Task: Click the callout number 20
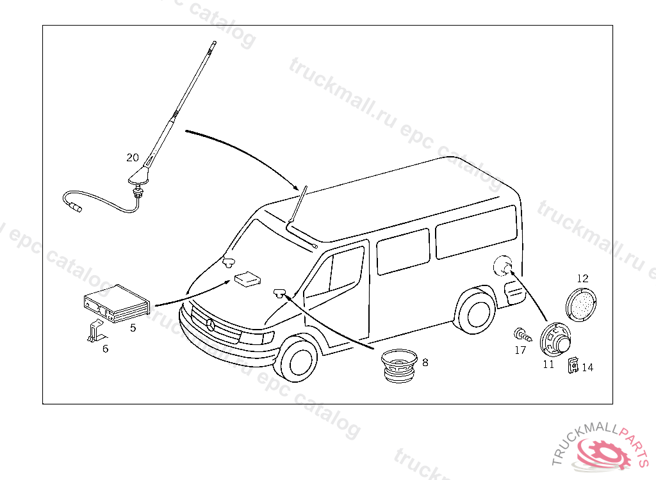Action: tap(133, 157)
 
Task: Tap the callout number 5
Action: tap(133, 328)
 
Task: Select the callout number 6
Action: tap(106, 349)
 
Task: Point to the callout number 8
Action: tap(425, 362)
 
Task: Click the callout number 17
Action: tap(520, 350)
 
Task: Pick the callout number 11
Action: tap(548, 365)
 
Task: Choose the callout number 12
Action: tap(582, 278)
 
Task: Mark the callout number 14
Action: tap(587, 367)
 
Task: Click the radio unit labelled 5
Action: tap(115, 303)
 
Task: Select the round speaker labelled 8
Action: tap(398, 367)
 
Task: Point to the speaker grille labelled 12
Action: tap(582, 306)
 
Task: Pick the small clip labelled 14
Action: tap(574, 365)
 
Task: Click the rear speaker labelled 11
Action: tap(553, 339)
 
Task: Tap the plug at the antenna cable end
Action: tap(76, 207)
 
